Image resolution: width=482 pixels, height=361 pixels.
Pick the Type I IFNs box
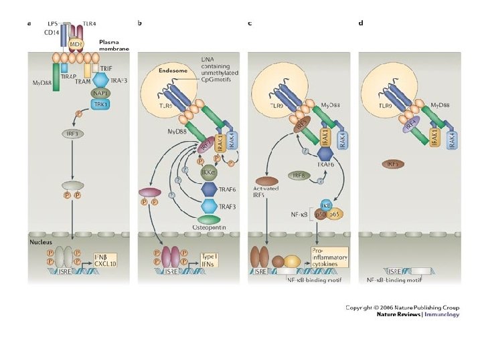click(x=215, y=257)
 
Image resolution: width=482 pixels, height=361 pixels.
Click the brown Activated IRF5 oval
click(x=266, y=180)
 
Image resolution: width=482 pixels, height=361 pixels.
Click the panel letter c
click(x=250, y=23)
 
